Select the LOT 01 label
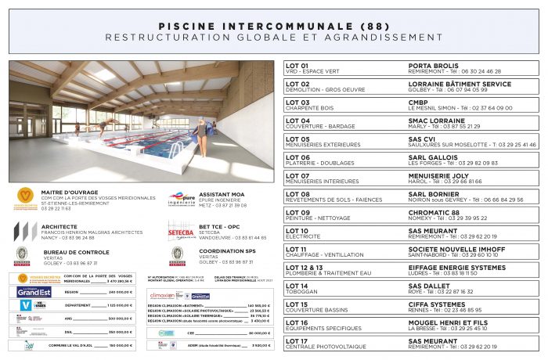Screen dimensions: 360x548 click(x=297, y=66)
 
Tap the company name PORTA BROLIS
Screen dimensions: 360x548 click(x=433, y=66)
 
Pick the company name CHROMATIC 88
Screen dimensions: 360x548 click(x=434, y=213)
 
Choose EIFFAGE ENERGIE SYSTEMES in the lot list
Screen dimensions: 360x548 click(x=457, y=268)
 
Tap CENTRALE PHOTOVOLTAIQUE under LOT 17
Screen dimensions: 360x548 click(x=326, y=347)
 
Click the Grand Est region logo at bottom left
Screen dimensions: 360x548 click(x=34, y=291)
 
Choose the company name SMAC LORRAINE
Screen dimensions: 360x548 click(x=438, y=121)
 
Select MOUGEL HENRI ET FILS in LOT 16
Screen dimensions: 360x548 click(x=449, y=322)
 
